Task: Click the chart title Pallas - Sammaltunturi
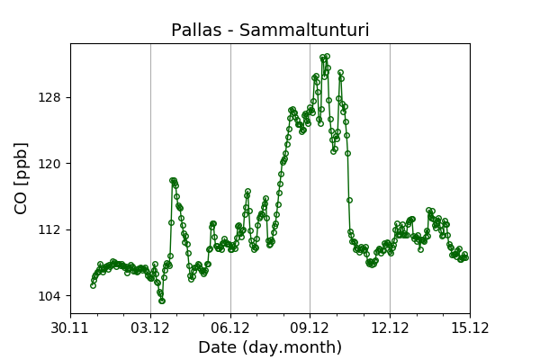click(270, 31)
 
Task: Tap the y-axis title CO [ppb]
click(22, 177)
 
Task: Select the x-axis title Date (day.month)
click(270, 347)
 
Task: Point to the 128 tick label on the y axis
click(53, 97)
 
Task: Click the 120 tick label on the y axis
click(53, 164)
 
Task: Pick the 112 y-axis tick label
click(53, 229)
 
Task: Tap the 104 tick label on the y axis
click(53, 296)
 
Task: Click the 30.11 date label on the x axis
click(71, 328)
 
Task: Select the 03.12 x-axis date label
click(150, 328)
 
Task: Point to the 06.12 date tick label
click(230, 328)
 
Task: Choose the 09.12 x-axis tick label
click(310, 328)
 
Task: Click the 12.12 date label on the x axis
click(390, 328)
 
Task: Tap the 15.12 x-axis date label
click(470, 328)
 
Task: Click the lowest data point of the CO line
click(162, 301)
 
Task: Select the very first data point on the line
click(93, 285)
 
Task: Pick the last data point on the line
click(465, 257)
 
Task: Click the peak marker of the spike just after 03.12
click(172, 181)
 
